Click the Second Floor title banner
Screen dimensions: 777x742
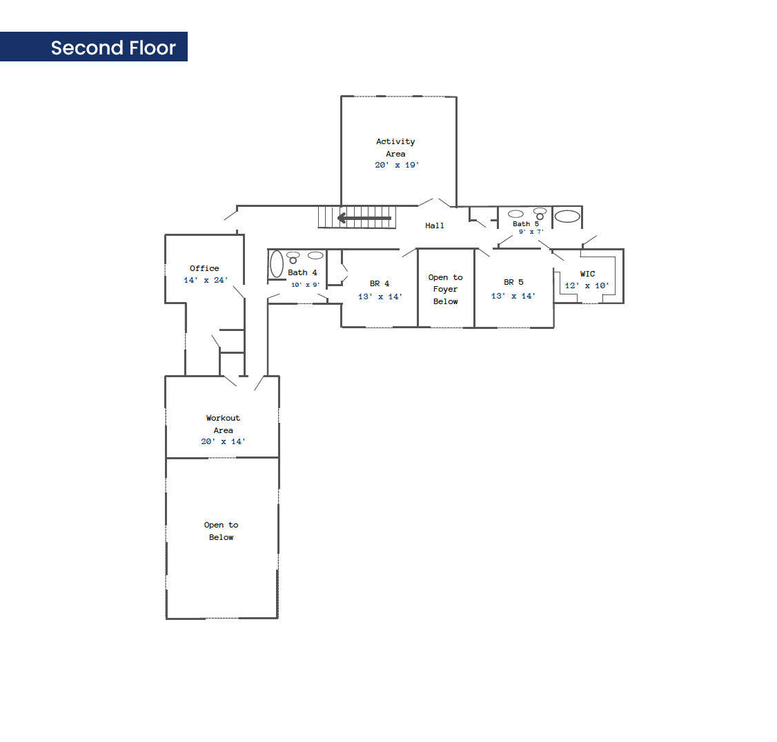[x=94, y=47]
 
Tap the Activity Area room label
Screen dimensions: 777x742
[x=395, y=148]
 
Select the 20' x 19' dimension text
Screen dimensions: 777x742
[x=397, y=165]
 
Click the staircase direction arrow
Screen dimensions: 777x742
[x=364, y=218]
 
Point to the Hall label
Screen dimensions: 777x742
[x=435, y=225]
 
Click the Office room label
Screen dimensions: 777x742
[x=204, y=268]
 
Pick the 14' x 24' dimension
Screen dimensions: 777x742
[x=206, y=280]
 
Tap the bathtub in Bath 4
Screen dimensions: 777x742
[x=277, y=263]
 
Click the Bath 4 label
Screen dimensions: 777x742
[x=302, y=272]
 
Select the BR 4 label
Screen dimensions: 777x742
[x=380, y=283]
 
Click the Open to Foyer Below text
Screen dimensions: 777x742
[x=446, y=289]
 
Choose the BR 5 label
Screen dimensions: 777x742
[x=513, y=282]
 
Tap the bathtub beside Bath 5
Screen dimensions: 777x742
[x=567, y=216]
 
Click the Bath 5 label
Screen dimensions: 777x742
[x=526, y=224]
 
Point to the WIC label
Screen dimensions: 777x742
[x=588, y=273]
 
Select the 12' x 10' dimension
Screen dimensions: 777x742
[x=587, y=285]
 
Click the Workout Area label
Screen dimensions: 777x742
[x=223, y=424]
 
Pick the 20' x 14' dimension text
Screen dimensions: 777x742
[x=223, y=441]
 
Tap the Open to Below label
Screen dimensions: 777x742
[x=221, y=531]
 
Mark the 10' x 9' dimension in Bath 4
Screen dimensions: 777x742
[x=305, y=285]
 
